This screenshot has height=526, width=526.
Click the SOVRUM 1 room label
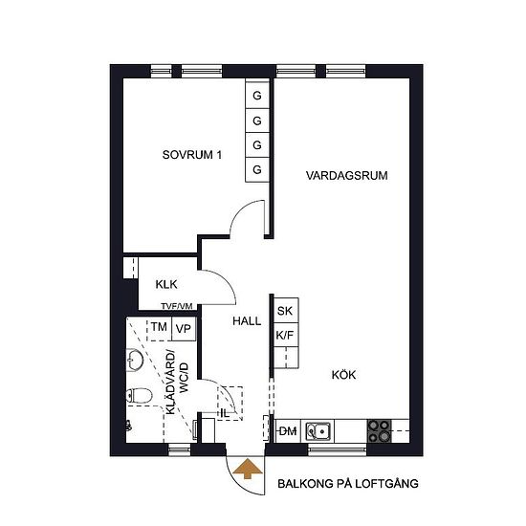(192, 155)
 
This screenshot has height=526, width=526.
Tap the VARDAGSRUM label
(346, 175)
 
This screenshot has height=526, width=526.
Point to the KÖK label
(343, 374)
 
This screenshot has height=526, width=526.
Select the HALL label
(247, 321)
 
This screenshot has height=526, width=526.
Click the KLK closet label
(166, 284)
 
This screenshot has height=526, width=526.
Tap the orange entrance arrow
(248, 468)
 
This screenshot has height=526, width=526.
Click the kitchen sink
(318, 430)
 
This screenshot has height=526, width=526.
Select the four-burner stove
(380, 430)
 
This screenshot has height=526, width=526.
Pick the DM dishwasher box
(288, 430)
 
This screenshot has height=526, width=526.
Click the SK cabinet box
(286, 311)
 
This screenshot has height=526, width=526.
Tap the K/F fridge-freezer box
(286, 335)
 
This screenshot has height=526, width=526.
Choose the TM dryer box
(160, 329)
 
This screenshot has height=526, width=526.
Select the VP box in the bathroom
(184, 329)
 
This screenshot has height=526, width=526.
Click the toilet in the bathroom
(139, 396)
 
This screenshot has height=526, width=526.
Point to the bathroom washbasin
(134, 361)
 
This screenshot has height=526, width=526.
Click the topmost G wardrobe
(257, 96)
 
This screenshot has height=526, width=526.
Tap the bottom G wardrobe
(257, 169)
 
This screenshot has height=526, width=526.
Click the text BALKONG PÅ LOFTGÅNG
(348, 483)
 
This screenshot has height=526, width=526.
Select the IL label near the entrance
(225, 413)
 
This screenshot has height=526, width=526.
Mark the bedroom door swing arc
(239, 209)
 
